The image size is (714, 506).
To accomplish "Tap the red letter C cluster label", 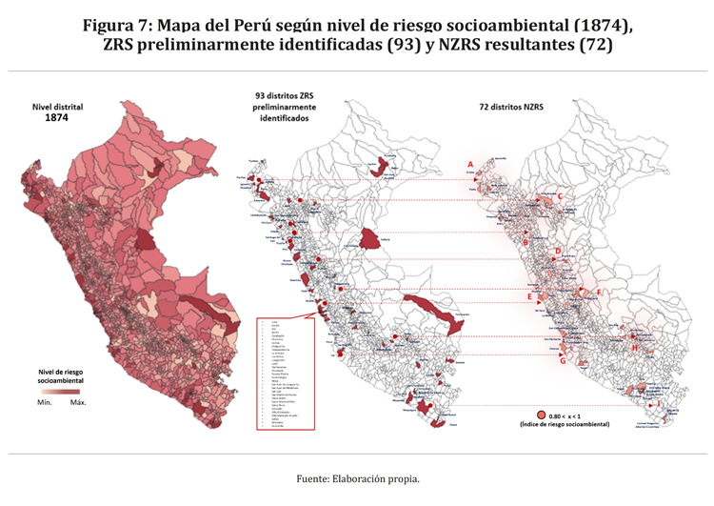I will pos(561,197).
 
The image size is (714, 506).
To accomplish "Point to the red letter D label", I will pos(558,252).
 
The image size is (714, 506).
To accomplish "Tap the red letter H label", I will pos(634,348).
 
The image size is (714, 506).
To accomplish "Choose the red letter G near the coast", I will pos(563,361).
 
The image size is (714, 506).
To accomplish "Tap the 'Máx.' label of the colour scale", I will pos(79,402).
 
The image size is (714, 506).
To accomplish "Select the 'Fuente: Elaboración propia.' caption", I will pos(357,478).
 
